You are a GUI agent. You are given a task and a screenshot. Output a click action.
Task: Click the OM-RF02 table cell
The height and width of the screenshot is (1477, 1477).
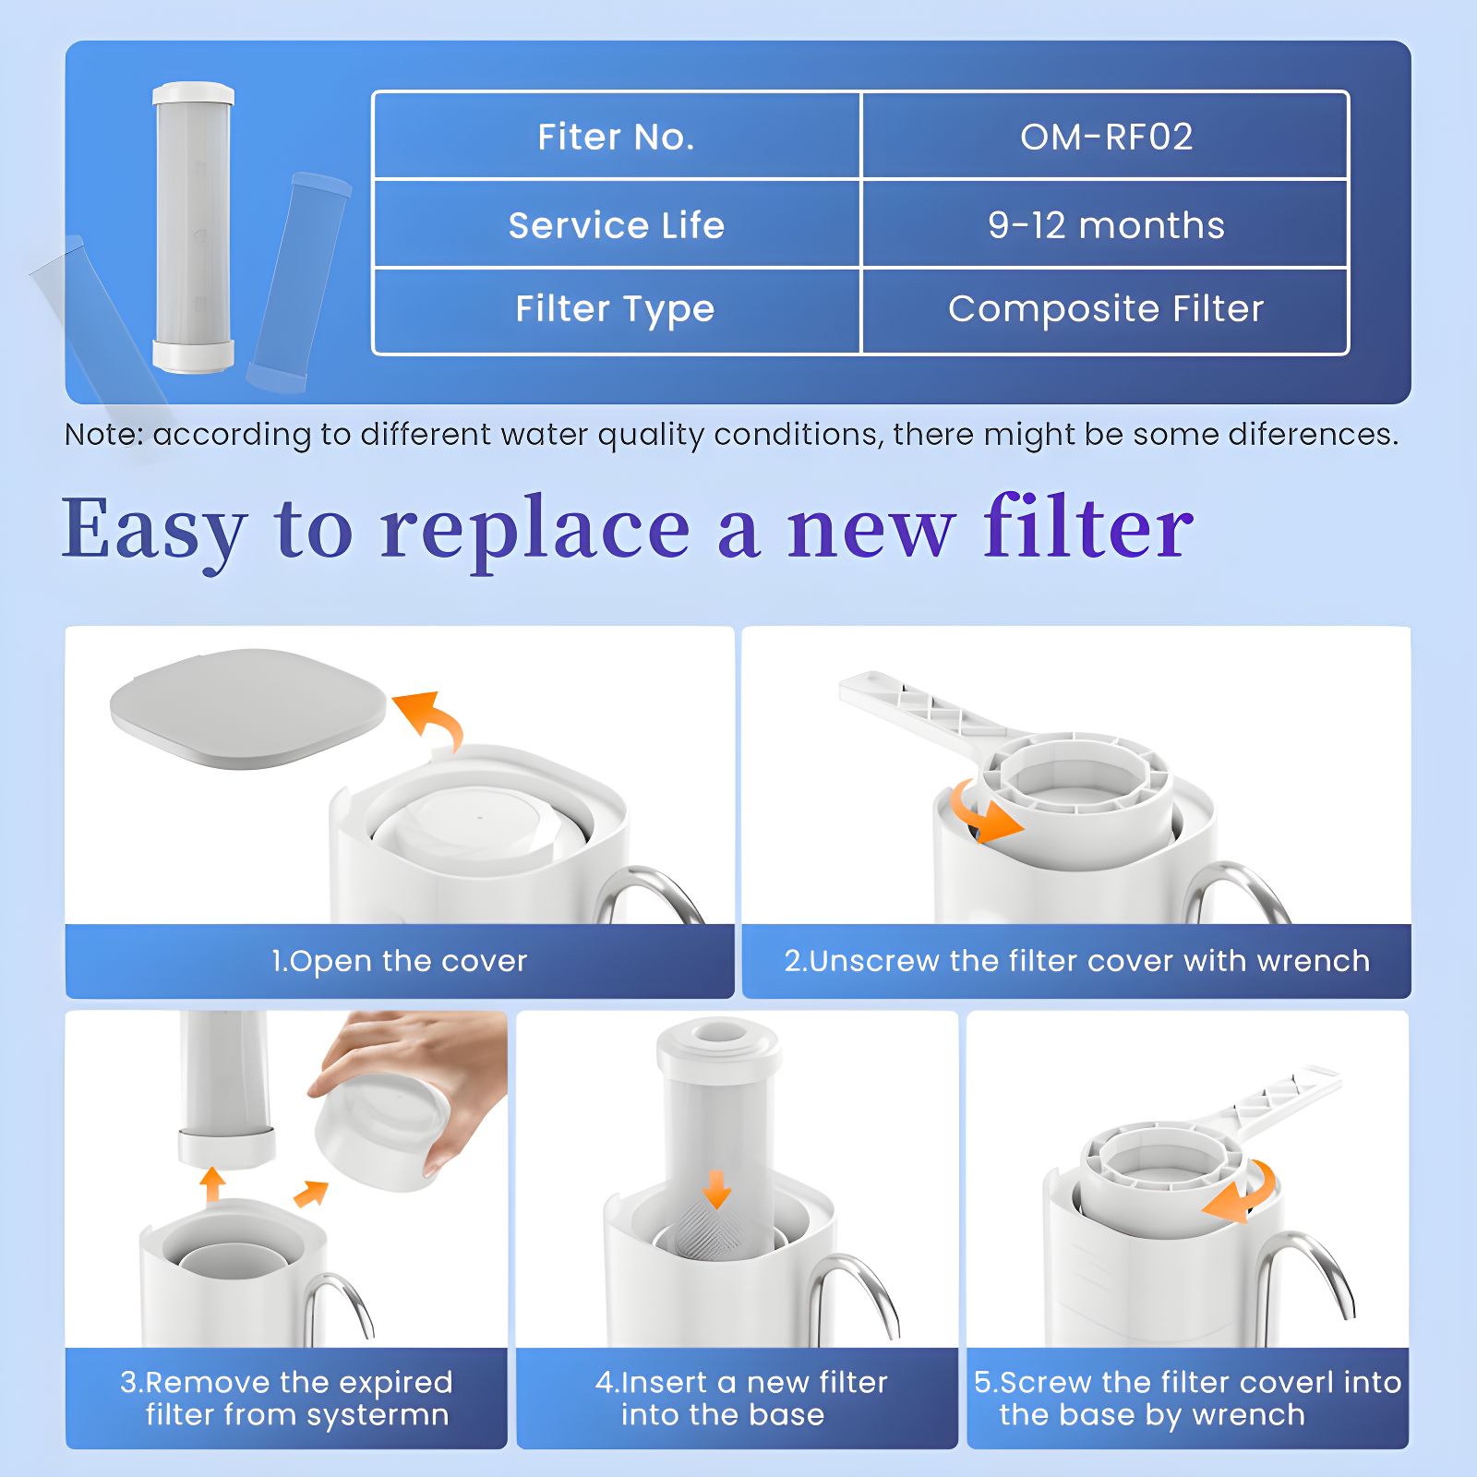click(1105, 137)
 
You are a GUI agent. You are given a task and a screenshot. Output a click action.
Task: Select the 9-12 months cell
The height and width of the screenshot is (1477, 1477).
click(1105, 225)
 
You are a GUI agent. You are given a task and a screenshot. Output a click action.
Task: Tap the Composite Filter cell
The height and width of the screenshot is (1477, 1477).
click(1105, 309)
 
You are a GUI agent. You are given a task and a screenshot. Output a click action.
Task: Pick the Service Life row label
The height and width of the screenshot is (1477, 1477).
click(616, 225)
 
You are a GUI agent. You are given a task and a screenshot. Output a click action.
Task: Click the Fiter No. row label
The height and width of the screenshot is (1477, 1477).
click(616, 137)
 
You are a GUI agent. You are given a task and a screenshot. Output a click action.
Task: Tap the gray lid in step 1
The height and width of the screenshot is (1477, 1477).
click(247, 706)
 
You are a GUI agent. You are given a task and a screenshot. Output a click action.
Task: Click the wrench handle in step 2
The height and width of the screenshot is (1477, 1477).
click(914, 705)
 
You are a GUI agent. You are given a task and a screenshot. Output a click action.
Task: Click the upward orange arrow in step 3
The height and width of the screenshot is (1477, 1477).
click(213, 1183)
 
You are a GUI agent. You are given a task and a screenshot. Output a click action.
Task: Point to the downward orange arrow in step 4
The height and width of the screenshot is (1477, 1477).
click(716, 1190)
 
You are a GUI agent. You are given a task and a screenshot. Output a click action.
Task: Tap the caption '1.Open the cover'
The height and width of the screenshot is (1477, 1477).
click(399, 961)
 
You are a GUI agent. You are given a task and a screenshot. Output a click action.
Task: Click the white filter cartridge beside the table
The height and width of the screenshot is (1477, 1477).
click(193, 226)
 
